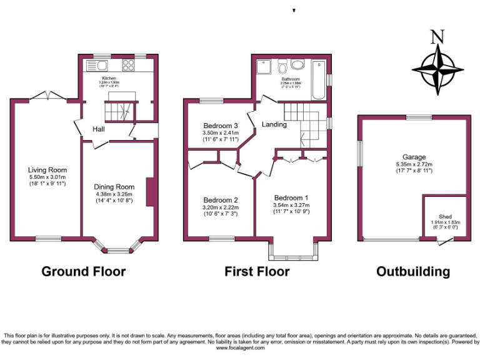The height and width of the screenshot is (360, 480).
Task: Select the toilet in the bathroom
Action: [x=282, y=66]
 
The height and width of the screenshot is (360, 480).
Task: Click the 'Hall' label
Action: [x=99, y=129]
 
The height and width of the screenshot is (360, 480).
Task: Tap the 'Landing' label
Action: [x=274, y=124]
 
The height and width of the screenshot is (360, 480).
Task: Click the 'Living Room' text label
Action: [x=47, y=170]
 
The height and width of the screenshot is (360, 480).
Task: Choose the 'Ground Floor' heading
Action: [x=84, y=272]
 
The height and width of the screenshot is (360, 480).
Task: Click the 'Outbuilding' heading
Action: [x=412, y=272]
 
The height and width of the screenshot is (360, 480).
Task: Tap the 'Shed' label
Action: [x=444, y=216]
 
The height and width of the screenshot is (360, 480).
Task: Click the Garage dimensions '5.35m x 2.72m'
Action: [x=414, y=165]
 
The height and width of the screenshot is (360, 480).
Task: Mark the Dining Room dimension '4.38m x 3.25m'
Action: [x=114, y=194]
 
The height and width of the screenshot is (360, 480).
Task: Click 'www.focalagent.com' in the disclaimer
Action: [x=241, y=348]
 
